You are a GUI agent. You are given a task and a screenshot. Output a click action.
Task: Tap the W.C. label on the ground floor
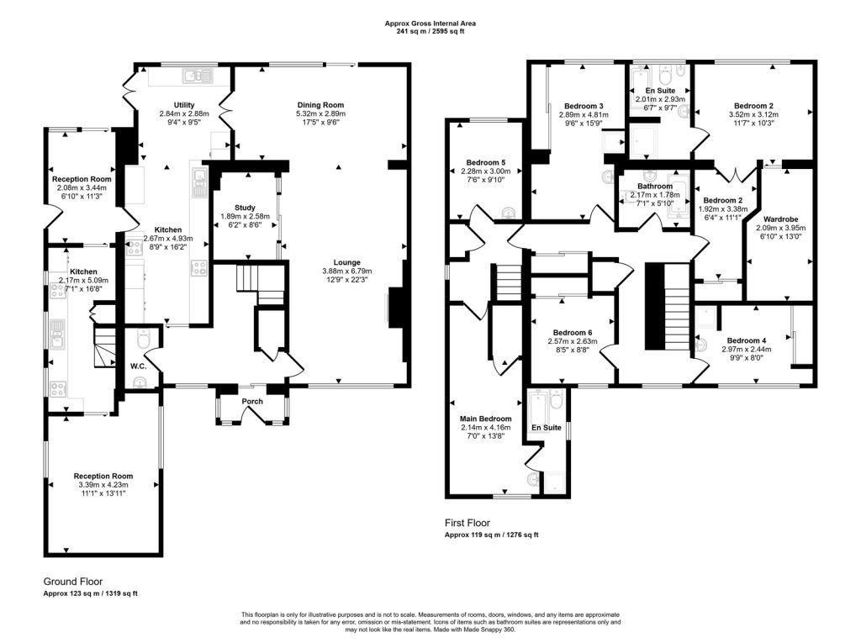(x=139, y=366)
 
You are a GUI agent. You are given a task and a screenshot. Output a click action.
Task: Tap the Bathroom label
(x=655, y=187)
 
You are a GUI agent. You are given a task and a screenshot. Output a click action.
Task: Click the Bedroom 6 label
(x=571, y=332)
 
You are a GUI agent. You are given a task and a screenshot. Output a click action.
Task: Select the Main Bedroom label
(x=485, y=419)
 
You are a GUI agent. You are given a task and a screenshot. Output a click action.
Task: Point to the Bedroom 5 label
(x=485, y=162)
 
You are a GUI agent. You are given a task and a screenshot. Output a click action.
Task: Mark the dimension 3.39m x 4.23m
(x=103, y=485)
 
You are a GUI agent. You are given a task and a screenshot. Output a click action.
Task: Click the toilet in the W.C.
(x=142, y=343)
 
